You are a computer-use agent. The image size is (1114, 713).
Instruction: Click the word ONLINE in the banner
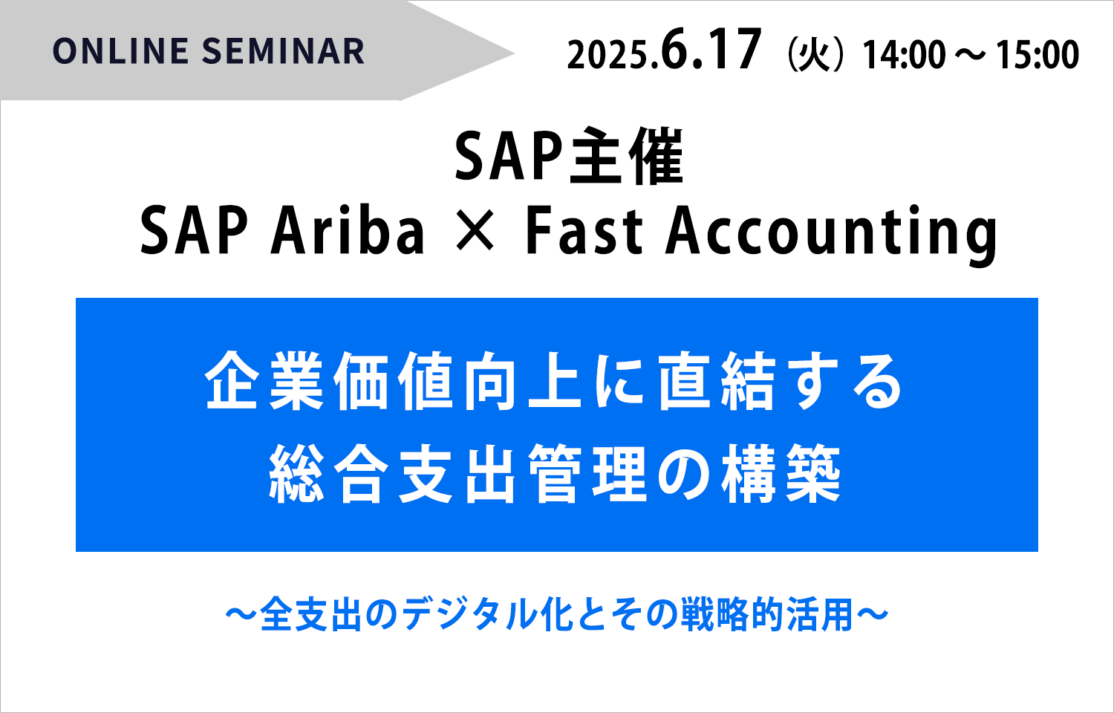(120, 51)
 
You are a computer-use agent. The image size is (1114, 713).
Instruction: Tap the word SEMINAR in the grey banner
(284, 51)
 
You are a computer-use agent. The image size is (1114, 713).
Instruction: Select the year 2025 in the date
(608, 55)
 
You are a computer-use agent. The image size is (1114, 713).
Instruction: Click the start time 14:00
(904, 55)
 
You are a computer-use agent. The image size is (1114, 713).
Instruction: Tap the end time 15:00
(1038, 55)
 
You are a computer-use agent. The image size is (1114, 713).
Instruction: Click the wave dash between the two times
(970, 55)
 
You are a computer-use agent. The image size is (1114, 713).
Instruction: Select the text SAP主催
(570, 157)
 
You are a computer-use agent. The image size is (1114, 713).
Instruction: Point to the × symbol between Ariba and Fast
(475, 229)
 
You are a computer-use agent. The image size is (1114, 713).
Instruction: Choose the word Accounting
(832, 235)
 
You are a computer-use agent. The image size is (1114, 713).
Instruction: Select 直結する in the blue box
(780, 381)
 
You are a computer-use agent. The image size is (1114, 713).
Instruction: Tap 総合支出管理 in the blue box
(457, 474)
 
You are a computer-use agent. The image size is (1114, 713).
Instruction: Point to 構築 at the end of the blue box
(781, 474)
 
